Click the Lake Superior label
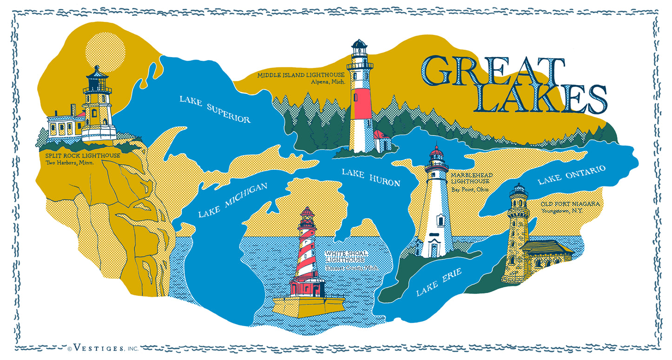tap(215, 109)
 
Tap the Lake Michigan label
tap(233, 200)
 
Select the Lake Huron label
tap(371, 177)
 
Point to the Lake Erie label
tap(439, 282)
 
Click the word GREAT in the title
tap(492, 72)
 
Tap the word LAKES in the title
tap(540, 99)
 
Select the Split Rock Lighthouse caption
tap(82, 155)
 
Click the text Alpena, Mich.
tap(328, 82)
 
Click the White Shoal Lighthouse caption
tap(346, 256)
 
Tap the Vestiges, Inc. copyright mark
tap(103, 348)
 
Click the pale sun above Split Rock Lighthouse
tap(106, 50)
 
